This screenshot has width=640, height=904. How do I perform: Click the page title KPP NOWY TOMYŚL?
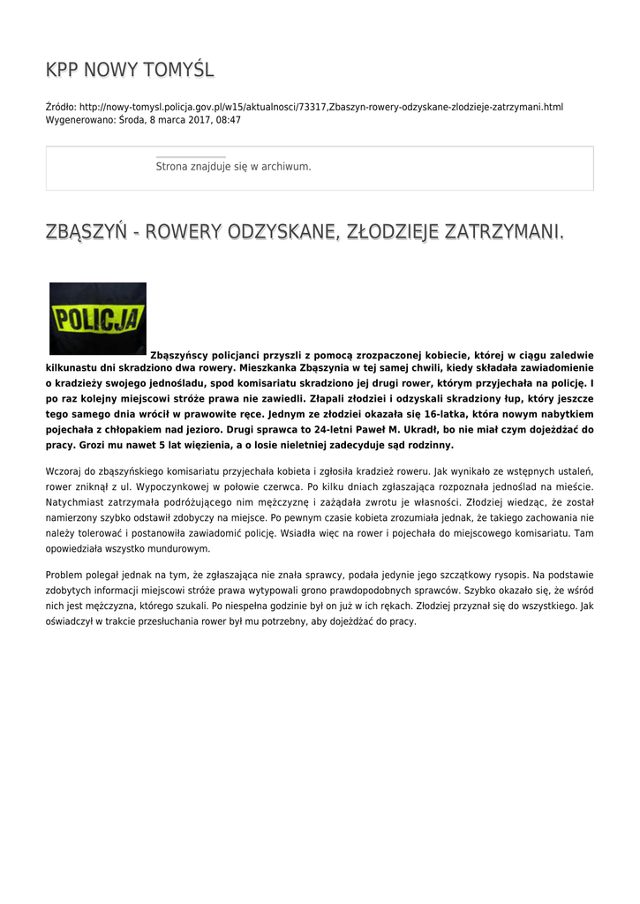(x=130, y=70)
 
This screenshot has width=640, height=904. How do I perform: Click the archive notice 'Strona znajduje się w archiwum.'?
(x=233, y=166)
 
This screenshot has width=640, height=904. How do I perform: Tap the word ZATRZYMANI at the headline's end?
(x=502, y=232)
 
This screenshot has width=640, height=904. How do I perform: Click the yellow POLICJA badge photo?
(x=98, y=318)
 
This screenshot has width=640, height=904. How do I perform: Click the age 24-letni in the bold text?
(x=295, y=429)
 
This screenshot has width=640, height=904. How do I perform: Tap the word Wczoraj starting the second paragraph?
(x=64, y=471)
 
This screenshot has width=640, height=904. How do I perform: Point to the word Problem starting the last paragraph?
(x=64, y=576)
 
